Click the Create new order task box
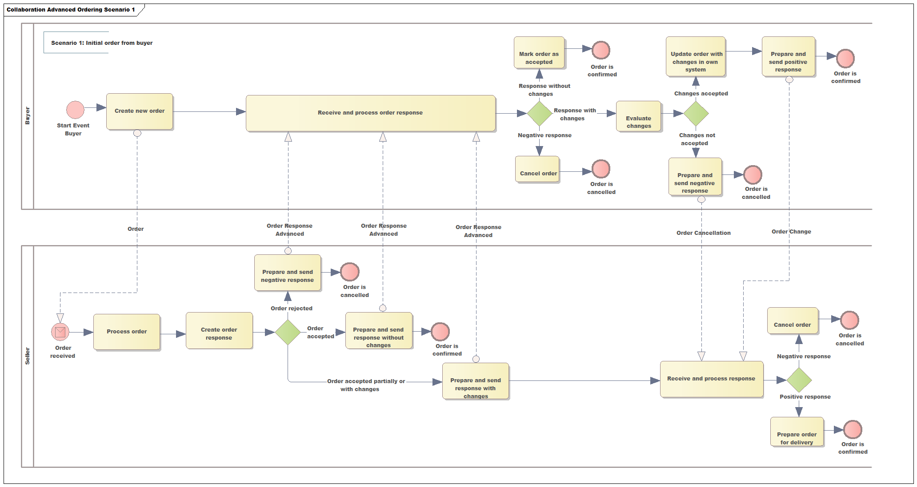coord(139,111)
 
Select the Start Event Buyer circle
coord(75,110)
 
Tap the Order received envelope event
coord(60,332)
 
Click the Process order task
coord(127,332)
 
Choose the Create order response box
coord(219,331)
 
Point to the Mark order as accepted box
coord(539,53)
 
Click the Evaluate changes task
coord(638,116)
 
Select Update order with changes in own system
coord(696,57)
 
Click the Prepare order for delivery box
coord(797,432)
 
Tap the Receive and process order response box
coord(370,113)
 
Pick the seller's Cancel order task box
coord(792,321)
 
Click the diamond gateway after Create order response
coord(288,332)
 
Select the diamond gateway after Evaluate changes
coord(696,114)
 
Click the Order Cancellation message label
coord(703,233)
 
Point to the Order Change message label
coord(791,231)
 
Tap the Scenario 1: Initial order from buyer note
coord(101,43)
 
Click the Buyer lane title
coord(28,116)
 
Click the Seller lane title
coord(28,356)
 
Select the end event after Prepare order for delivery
coord(852,429)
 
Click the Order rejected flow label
coord(291,308)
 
